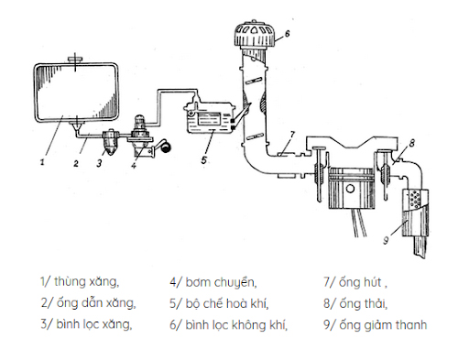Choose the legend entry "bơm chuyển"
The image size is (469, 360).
pos(216,281)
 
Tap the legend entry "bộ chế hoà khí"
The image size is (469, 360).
pos(224,302)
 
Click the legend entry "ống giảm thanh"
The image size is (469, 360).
pos(380,324)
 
